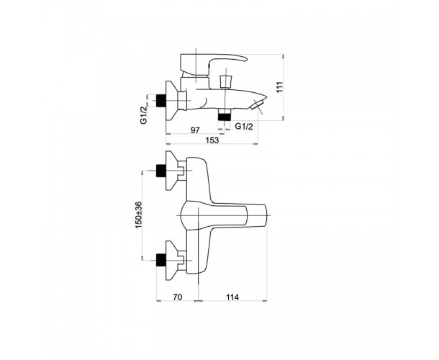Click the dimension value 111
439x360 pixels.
pyautogui.click(x=281, y=87)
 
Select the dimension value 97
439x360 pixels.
pyautogui.click(x=195, y=130)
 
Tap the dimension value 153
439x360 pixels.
pyautogui.click(x=212, y=140)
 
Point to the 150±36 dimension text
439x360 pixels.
pyautogui.click(x=139, y=215)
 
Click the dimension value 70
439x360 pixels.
pyautogui.click(x=177, y=297)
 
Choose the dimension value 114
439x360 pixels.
pyautogui.click(x=232, y=297)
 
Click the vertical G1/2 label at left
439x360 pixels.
pyautogui.click(x=143, y=115)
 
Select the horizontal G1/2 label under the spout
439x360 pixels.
pyautogui.click(x=244, y=126)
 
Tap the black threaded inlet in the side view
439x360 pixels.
pyautogui.click(x=160, y=101)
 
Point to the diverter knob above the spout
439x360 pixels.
pyautogui.click(x=225, y=81)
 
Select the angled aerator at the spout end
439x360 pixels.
pyautogui.click(x=257, y=106)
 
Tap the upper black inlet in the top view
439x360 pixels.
pyautogui.click(x=160, y=171)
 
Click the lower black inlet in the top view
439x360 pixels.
pyautogui.click(x=160, y=260)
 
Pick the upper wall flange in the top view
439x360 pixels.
pyautogui.click(x=172, y=171)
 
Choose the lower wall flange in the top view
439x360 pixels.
pyautogui.click(x=172, y=260)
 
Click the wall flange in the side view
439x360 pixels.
pyautogui.click(x=172, y=101)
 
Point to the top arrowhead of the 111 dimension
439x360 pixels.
pyautogui.click(x=283, y=56)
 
